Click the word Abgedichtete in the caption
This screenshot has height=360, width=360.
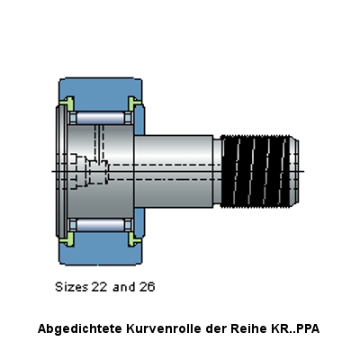point(80,329)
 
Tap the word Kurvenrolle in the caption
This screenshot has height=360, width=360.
point(164,328)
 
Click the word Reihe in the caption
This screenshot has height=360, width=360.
point(248,328)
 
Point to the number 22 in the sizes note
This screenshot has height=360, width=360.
point(100,287)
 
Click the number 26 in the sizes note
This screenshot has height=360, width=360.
point(147,287)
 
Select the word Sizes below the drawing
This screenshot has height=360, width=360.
point(72,287)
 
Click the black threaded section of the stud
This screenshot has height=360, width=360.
point(256,171)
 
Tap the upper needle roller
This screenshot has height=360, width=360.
point(100,117)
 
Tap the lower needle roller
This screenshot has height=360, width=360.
point(100,225)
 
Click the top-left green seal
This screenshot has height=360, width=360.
point(67,103)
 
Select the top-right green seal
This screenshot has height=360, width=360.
point(134,103)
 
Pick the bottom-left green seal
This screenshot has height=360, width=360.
point(67,239)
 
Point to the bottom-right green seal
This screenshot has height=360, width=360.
point(134,239)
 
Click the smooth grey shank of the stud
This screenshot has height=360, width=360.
point(174,171)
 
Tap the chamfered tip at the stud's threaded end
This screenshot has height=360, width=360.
point(295,171)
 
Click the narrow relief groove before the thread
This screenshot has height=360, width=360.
point(217,171)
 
